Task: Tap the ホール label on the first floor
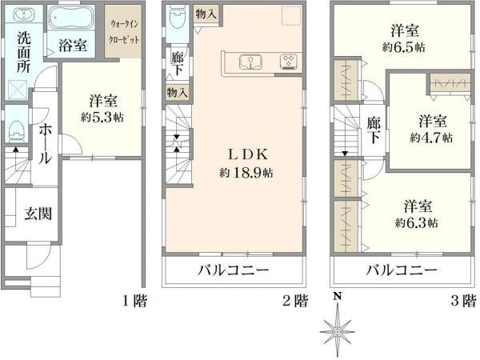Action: click(45, 142)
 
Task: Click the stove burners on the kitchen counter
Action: click(287, 61)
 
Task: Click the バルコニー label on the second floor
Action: click(235, 270)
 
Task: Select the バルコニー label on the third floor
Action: click(402, 270)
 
